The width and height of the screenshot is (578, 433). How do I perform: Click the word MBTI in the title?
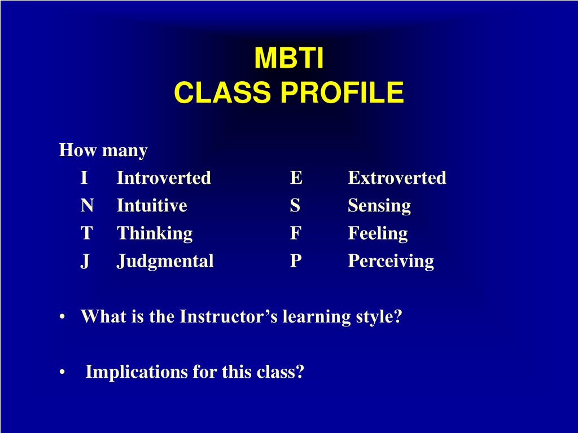tap(289, 58)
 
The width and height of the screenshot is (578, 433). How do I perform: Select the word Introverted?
tap(164, 178)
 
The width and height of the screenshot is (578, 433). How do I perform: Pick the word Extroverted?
tap(397, 178)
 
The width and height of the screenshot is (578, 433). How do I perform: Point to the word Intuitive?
tap(151, 205)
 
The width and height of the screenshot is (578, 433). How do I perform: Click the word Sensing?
tap(379, 206)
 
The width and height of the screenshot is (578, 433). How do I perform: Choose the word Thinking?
tap(155, 233)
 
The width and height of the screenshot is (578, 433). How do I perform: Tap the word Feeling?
tap(378, 233)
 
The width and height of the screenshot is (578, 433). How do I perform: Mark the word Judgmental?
tap(165, 262)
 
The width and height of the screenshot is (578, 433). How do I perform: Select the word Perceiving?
tap(391, 262)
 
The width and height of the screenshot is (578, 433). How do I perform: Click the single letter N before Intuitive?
tap(87, 205)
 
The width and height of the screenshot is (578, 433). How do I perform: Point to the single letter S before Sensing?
tap(295, 205)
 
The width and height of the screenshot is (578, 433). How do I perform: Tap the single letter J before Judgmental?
tap(85, 262)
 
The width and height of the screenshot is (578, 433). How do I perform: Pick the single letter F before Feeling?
tap(296, 233)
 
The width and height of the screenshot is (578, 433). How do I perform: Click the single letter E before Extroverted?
tap(296, 178)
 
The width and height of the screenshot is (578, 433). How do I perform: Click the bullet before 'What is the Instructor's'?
tap(62, 317)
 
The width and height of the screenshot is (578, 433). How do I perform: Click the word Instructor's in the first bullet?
tap(229, 316)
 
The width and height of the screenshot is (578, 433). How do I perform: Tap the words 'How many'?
tap(103, 150)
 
